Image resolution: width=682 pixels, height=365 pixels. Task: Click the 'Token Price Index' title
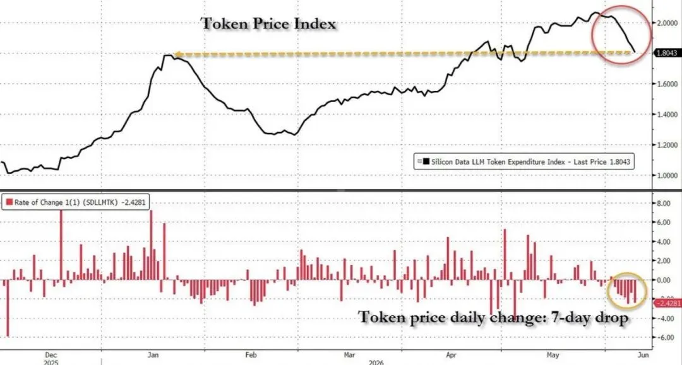pyautogui.click(x=268, y=23)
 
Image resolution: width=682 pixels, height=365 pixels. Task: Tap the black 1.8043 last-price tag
pyautogui.click(x=667, y=52)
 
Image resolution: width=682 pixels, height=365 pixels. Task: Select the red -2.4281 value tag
pyautogui.click(x=667, y=303)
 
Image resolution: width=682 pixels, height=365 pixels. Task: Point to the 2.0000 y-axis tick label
pyautogui.click(x=667, y=23)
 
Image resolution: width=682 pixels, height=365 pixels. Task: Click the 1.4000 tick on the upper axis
pyautogui.click(x=667, y=115)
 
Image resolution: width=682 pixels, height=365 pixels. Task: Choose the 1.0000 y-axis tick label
pyautogui.click(x=667, y=175)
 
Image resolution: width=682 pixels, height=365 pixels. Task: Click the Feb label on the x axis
pyautogui.click(x=251, y=355)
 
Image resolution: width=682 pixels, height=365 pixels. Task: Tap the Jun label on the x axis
pyautogui.click(x=643, y=355)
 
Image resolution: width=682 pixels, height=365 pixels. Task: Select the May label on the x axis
pyautogui.click(x=553, y=355)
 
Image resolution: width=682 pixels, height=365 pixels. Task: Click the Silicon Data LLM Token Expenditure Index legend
pyautogui.click(x=523, y=161)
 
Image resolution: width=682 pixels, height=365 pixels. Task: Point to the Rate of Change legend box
pyautogui.click(x=76, y=202)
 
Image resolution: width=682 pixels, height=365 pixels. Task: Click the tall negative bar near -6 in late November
pyautogui.click(x=8, y=308)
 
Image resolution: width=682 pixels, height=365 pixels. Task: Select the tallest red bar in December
pyautogui.click(x=61, y=245)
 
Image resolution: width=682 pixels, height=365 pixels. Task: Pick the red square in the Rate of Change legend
pyautogui.click(x=9, y=202)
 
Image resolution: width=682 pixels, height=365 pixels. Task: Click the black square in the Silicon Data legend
pyautogui.click(x=426, y=161)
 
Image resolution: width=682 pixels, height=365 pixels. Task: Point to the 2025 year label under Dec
pyautogui.click(x=51, y=362)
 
